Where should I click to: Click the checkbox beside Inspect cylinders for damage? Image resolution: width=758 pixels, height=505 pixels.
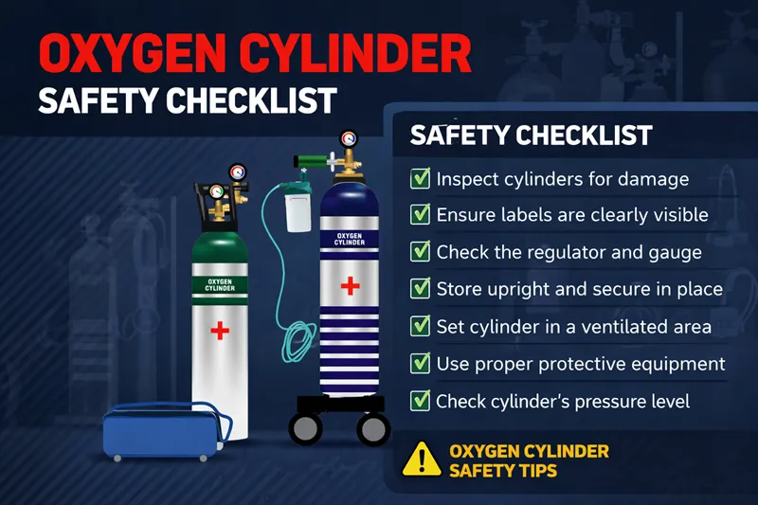pos(420,178)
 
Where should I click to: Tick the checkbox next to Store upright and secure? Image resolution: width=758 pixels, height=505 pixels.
pos(420,288)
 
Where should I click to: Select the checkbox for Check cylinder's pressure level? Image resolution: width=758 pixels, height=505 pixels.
pos(420,401)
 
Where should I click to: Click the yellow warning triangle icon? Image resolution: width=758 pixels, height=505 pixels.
pos(422,460)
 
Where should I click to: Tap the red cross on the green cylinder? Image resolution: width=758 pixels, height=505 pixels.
pos(220,331)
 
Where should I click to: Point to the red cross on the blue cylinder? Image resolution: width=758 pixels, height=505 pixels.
pos(350,286)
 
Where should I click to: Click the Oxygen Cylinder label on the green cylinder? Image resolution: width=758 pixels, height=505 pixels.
pos(220,285)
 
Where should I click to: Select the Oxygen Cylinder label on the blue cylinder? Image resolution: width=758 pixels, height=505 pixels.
pos(350,239)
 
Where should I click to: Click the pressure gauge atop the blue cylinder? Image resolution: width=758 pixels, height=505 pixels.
pos(348,139)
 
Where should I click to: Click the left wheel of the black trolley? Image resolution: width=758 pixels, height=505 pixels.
pos(305,428)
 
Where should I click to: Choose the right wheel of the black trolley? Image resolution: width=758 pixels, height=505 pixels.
pos(373,428)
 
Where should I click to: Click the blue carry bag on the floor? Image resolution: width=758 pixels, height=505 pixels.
pos(164,431)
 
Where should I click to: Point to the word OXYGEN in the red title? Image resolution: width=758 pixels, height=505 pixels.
pos(133,53)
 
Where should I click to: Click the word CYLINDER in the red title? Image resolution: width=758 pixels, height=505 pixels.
pos(355,53)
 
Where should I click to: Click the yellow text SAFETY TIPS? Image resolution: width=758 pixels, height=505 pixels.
pos(503,471)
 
